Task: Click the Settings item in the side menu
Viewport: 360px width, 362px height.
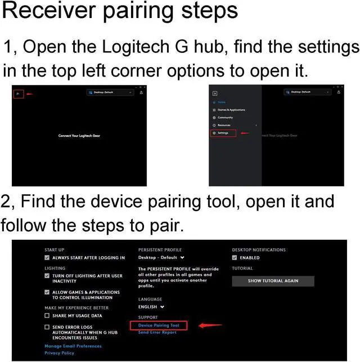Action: pyautogui.click(x=223, y=133)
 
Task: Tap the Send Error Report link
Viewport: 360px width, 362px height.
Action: pyautogui.click(x=157, y=333)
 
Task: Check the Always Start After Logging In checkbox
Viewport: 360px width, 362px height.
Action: pyautogui.click(x=47, y=258)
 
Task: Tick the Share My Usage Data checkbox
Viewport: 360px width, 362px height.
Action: pyautogui.click(x=47, y=316)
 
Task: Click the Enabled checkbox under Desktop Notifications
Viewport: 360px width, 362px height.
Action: pyautogui.click(x=235, y=258)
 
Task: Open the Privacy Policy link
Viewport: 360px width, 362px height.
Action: pyautogui.click(x=59, y=353)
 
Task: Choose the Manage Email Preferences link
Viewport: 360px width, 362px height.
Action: pyautogui.click(x=73, y=346)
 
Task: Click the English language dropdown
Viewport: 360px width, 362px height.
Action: pyautogui.click(x=151, y=307)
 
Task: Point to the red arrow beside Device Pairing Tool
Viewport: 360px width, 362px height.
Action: pyautogui.click(x=209, y=325)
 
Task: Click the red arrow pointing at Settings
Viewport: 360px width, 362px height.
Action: pyautogui.click(x=245, y=133)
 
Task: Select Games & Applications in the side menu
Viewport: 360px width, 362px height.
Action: pyautogui.click(x=231, y=110)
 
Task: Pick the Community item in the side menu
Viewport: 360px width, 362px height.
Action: pyautogui.click(x=225, y=117)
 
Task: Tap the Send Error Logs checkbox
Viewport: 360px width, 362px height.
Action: pyautogui.click(x=47, y=327)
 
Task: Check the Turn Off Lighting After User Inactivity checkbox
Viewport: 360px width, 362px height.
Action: pyautogui.click(x=47, y=276)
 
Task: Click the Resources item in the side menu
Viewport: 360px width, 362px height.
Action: pyautogui.click(x=224, y=125)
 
